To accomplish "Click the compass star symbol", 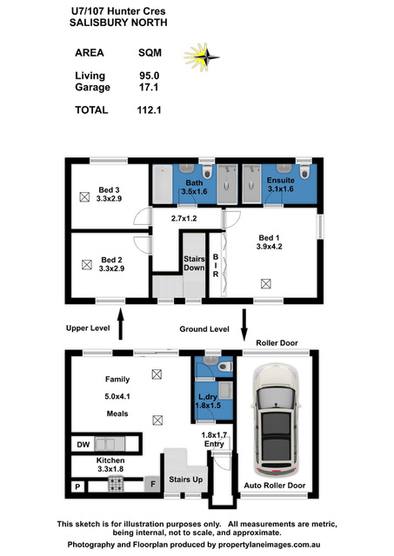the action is point(202,56).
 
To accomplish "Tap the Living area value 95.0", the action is point(149,76).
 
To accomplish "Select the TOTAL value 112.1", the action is point(149,110).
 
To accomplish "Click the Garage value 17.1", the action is point(149,87).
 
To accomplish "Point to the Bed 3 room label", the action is point(109,195).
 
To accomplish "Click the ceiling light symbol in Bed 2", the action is point(87,264).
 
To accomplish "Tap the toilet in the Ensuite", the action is point(304,172).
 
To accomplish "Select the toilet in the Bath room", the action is point(207,172).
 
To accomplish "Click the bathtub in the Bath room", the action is point(163,184).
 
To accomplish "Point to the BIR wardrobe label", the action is point(216,265).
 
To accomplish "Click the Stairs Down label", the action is point(194,263).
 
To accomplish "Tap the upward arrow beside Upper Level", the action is point(120,324).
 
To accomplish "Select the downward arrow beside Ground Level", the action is point(244,325).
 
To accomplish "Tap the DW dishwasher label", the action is point(83,444).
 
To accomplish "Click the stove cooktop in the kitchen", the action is point(116,484).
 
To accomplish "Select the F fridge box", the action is point(153,484).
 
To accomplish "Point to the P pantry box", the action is point(78,486).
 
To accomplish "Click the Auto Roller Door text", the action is point(275,486).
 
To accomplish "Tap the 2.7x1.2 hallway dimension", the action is point(184,218).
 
